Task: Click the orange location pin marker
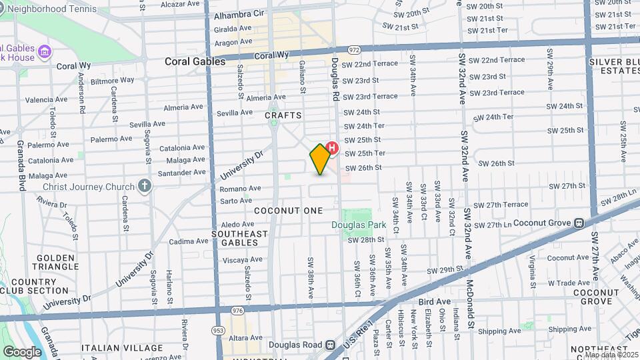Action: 321,159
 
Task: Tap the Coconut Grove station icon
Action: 579,223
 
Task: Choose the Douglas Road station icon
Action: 329,345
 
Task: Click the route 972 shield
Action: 353,50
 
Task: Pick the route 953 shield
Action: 217,330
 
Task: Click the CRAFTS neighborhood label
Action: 283,115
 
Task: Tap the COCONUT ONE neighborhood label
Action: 289,210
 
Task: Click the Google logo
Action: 21,352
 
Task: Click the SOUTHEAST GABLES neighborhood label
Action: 239,238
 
